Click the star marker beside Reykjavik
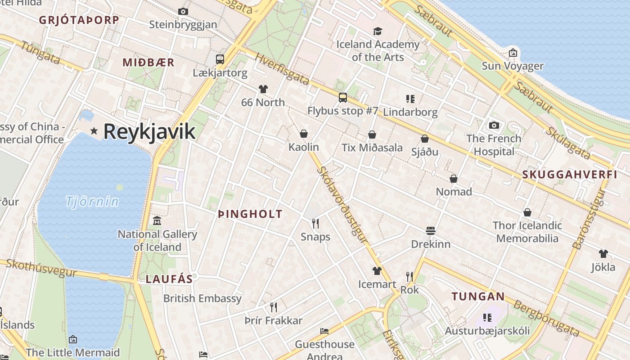(94, 131)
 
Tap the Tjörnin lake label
(92, 201)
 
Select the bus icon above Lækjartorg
(220, 59)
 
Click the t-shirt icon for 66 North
(263, 90)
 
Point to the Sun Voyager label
(513, 66)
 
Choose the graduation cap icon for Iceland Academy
(378, 31)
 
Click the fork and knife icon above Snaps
(315, 223)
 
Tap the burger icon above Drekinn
(431, 231)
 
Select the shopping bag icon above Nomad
(454, 179)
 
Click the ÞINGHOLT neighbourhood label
(250, 214)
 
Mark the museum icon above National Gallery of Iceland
(157, 221)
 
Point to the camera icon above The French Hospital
(494, 125)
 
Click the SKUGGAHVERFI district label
(570, 175)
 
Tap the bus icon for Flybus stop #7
(343, 97)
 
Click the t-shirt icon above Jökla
(603, 254)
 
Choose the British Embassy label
(202, 298)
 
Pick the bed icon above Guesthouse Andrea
(324, 331)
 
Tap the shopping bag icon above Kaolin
(304, 134)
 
